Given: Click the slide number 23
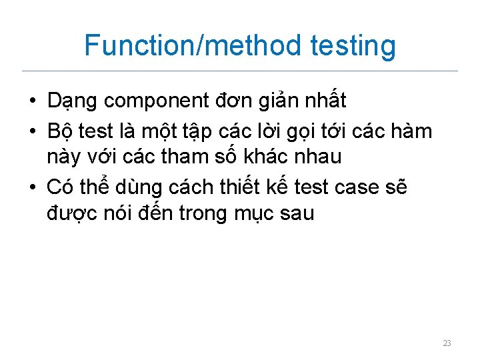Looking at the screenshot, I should (x=447, y=343).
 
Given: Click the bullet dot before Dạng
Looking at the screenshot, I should (x=32, y=101).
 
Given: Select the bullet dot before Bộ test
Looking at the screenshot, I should (x=32, y=132).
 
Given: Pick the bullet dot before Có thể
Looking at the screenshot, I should (x=32, y=188).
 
